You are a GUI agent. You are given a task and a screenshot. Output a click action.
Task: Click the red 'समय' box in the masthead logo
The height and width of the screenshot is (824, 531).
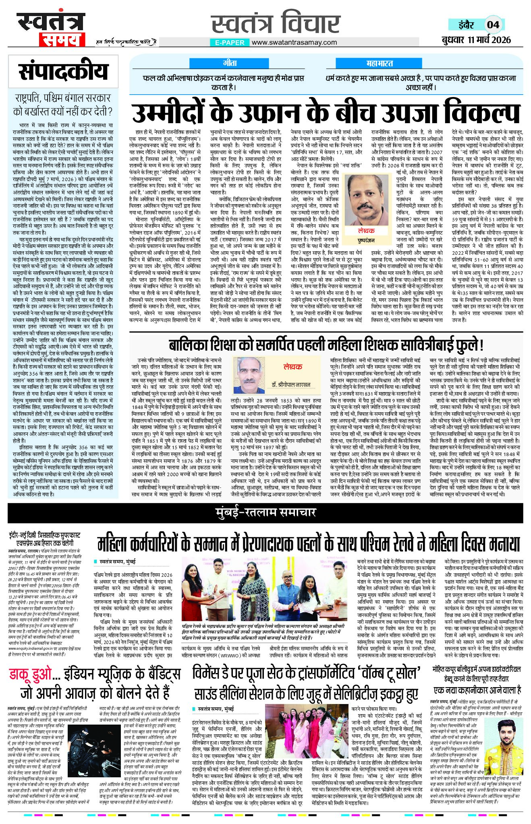pos(62,40)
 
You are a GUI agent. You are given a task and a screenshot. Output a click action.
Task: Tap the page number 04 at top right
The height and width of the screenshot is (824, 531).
pos(493,25)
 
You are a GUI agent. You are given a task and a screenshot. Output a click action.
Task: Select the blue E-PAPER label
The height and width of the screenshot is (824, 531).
pos(229,42)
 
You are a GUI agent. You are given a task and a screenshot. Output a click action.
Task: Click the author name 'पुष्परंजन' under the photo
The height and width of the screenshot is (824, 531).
pos(366,240)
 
